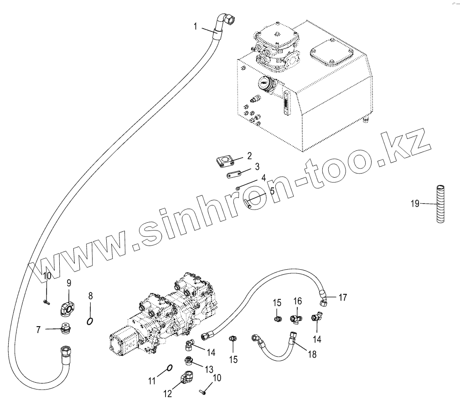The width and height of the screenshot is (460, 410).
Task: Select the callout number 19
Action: pos(414,204)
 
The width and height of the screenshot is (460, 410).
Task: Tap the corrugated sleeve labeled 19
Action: pos(440,203)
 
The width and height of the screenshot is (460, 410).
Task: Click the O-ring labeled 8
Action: pos(91,322)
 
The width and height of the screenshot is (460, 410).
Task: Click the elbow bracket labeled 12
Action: pos(188,378)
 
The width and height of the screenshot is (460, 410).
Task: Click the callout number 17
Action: pos(342,297)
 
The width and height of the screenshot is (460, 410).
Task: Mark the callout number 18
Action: pos(312,354)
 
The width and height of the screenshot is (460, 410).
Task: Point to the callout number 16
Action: pos(297,301)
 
